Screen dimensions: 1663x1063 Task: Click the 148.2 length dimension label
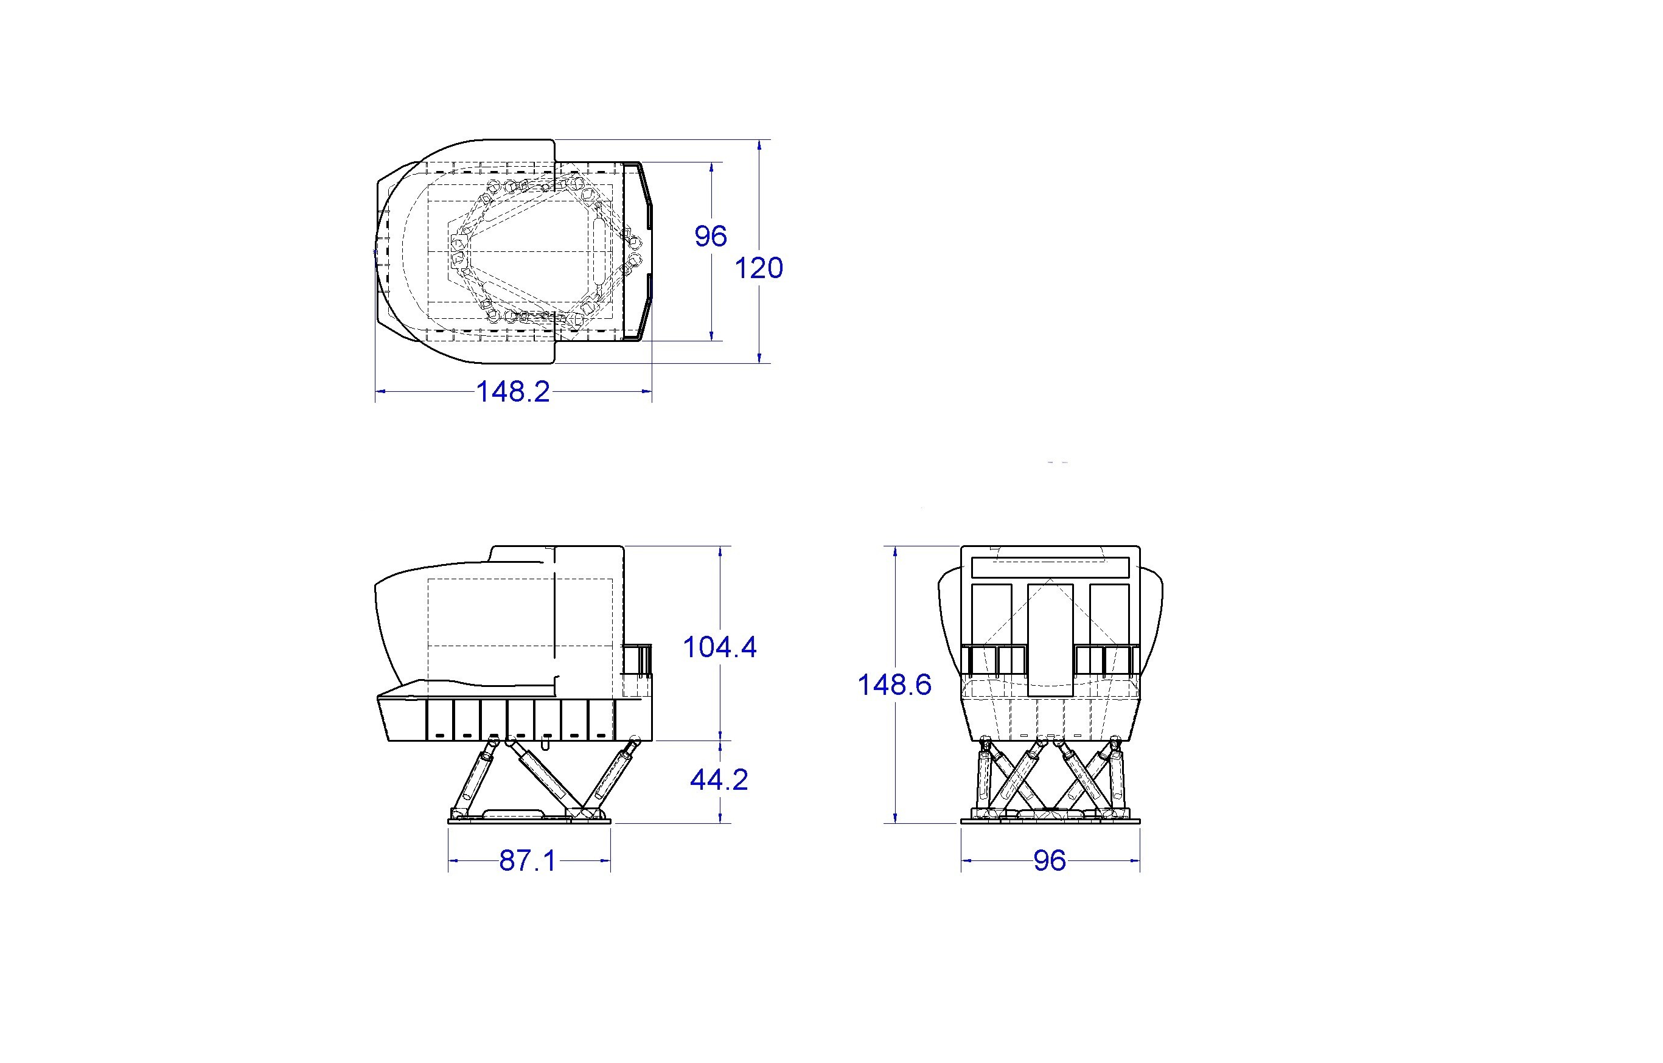513,392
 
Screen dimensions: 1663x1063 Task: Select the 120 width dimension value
758,268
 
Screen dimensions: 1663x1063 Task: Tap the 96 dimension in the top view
711,236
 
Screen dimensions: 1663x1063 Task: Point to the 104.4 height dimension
720,647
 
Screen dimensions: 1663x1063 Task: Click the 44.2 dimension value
719,780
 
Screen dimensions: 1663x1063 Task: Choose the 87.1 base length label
528,860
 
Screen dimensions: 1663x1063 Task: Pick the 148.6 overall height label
894,685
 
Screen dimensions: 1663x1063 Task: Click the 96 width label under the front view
1050,860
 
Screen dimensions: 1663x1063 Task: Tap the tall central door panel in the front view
1050,640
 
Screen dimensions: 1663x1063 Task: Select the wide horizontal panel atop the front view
1050,567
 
